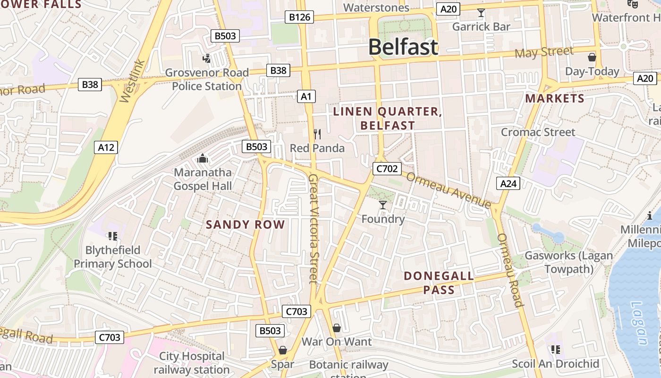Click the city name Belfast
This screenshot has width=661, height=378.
click(403, 47)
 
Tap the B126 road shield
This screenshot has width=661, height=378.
click(300, 17)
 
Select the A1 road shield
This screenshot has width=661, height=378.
click(306, 96)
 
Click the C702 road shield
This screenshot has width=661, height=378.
click(387, 169)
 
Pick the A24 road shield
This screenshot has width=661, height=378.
click(508, 183)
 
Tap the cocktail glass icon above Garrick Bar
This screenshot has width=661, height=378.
click(481, 13)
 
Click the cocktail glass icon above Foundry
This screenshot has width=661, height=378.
click(383, 205)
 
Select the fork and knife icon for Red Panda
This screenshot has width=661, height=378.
click(317, 134)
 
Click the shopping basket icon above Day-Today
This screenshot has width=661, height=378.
click(592, 58)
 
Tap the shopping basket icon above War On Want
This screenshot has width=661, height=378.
click(337, 327)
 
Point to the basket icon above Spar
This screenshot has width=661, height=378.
click(282, 350)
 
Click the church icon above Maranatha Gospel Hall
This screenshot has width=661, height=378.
click(203, 158)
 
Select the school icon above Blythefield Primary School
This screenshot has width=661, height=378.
click(112, 235)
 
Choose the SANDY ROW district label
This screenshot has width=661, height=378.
click(246, 224)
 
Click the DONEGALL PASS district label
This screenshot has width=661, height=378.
click(439, 283)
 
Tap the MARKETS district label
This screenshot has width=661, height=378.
click(555, 98)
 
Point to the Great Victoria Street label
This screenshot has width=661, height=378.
click(314, 229)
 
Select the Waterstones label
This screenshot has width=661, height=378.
click(376, 8)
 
